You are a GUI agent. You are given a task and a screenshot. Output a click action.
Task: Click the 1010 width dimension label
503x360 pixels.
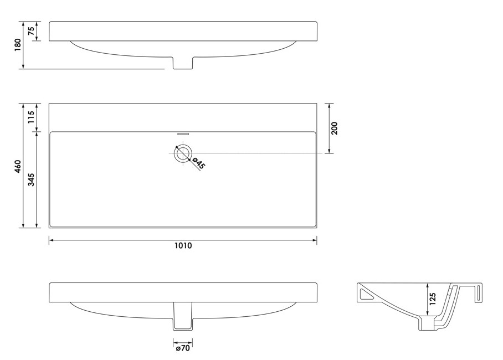pos(183,246)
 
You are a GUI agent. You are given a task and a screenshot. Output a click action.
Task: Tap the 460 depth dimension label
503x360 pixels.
pos(18,166)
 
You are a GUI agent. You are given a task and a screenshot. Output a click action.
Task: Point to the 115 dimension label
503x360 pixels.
pos(31,117)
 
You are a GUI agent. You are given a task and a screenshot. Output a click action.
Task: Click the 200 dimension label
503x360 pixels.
pos(334,128)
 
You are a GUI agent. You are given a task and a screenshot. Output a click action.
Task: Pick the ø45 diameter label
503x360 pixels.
pos(198,163)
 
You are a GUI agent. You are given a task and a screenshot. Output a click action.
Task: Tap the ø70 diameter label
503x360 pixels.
pos(183,348)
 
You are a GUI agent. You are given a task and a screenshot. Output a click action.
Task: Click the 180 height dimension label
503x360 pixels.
pos(18,45)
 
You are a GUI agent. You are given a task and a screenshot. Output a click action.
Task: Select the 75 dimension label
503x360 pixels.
pos(31,31)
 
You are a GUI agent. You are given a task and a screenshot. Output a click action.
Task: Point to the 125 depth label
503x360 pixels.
pos(433,299)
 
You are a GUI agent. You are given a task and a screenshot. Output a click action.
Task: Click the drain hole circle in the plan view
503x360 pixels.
pos(183,153)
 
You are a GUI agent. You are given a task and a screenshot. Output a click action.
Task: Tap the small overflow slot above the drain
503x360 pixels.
pos(183,132)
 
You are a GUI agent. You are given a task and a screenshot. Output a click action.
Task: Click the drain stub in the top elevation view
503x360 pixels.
pos(183,63)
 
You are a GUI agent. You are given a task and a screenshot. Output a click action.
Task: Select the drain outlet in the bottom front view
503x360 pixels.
pos(183,316)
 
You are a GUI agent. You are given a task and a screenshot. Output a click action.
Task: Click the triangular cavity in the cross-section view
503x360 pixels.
pos(367,294)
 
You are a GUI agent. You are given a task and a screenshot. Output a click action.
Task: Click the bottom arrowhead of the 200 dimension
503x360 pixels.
pos(330,151)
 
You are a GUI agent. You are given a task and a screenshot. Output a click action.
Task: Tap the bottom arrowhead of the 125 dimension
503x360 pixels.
pos(427,313)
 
